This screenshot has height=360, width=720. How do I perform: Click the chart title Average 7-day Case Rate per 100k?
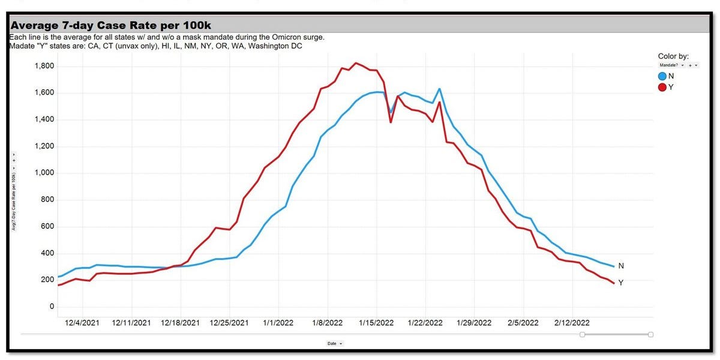click(x=110, y=25)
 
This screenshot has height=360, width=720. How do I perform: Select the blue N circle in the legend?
click(x=663, y=76)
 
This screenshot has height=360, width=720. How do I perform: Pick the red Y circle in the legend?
click(x=663, y=88)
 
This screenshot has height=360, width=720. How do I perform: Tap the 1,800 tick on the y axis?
click(x=44, y=66)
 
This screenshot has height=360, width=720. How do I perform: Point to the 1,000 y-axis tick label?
click(x=44, y=173)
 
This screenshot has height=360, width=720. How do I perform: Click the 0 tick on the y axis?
click(x=52, y=307)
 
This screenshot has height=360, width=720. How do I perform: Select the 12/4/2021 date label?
click(x=83, y=323)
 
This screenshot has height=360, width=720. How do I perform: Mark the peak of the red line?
click(x=356, y=63)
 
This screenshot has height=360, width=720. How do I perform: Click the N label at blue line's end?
click(x=621, y=266)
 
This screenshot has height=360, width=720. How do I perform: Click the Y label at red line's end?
click(x=621, y=283)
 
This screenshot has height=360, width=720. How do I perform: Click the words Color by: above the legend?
click(x=676, y=56)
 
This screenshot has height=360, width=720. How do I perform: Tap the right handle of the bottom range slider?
click(x=651, y=334)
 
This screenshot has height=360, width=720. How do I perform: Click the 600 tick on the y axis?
click(x=47, y=226)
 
